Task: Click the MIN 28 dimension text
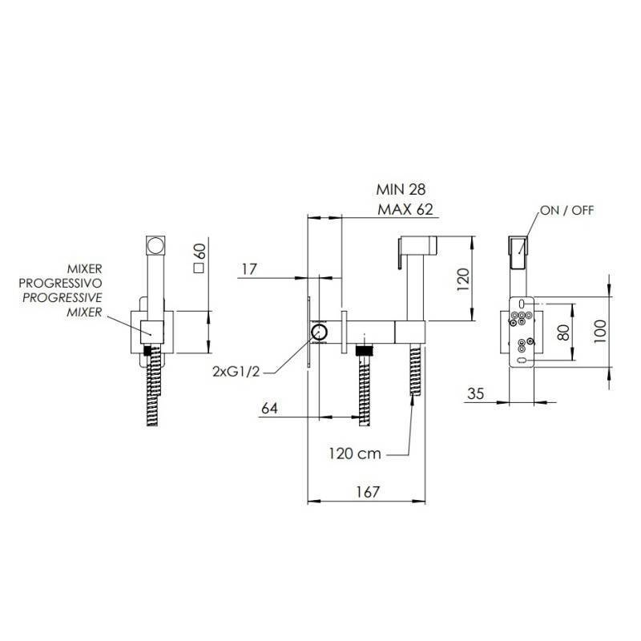(x=401, y=190)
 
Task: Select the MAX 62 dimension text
(x=405, y=210)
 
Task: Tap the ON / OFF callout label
(x=566, y=211)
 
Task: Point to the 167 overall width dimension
(x=368, y=492)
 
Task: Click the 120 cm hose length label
(x=355, y=454)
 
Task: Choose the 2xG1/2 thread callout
(x=236, y=372)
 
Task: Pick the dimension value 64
(x=269, y=408)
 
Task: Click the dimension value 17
(x=249, y=269)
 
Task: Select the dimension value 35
(x=475, y=393)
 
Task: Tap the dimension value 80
(x=563, y=333)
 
